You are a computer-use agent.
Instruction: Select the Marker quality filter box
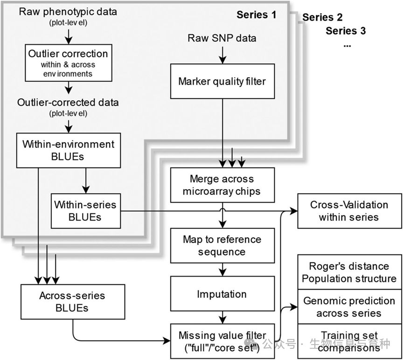pos(222,82)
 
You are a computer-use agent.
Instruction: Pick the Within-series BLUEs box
pos(85,210)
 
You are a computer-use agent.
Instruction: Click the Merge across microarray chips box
pos(222,185)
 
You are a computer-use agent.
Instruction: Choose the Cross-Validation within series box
pos(349,211)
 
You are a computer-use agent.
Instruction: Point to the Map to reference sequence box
pos(222,246)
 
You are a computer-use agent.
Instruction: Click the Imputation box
pos(222,294)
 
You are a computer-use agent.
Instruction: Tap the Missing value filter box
pos(222,341)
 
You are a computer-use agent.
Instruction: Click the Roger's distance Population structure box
pos(349,272)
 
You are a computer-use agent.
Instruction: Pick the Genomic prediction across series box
pos(349,307)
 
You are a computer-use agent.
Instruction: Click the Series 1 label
pos(256,14)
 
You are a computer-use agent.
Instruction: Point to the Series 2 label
pos(322,18)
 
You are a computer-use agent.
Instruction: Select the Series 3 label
pos(346,31)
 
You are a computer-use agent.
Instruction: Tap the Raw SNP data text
pos(222,38)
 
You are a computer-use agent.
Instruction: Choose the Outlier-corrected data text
pos(68,102)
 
